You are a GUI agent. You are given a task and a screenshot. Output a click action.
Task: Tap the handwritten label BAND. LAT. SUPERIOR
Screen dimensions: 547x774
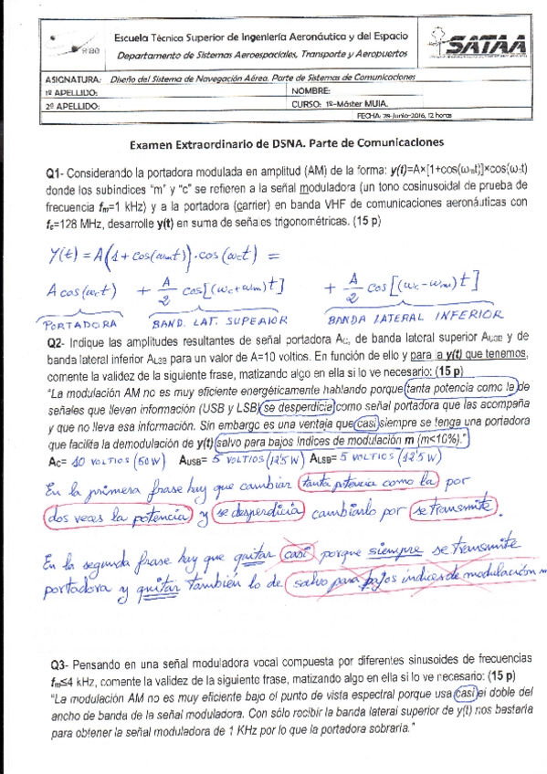219,321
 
